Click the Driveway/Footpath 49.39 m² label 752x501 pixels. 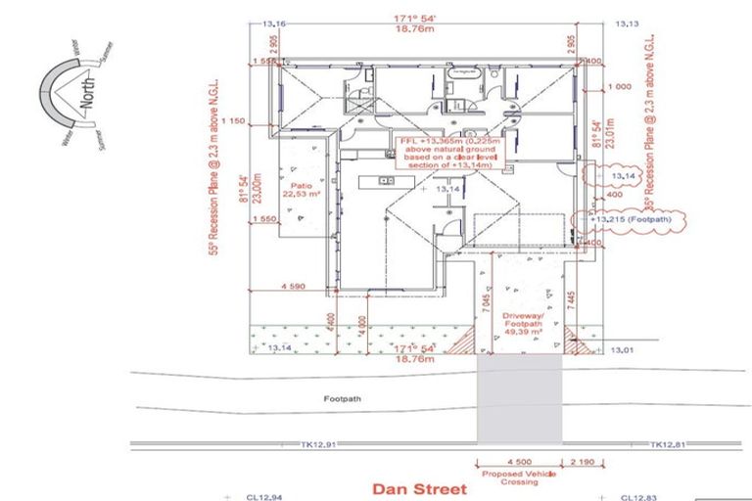click(522, 324)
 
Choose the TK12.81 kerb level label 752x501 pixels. click(668, 445)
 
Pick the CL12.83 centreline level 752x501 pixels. click(638, 497)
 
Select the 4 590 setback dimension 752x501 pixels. click(295, 288)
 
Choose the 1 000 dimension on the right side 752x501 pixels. click(618, 87)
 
